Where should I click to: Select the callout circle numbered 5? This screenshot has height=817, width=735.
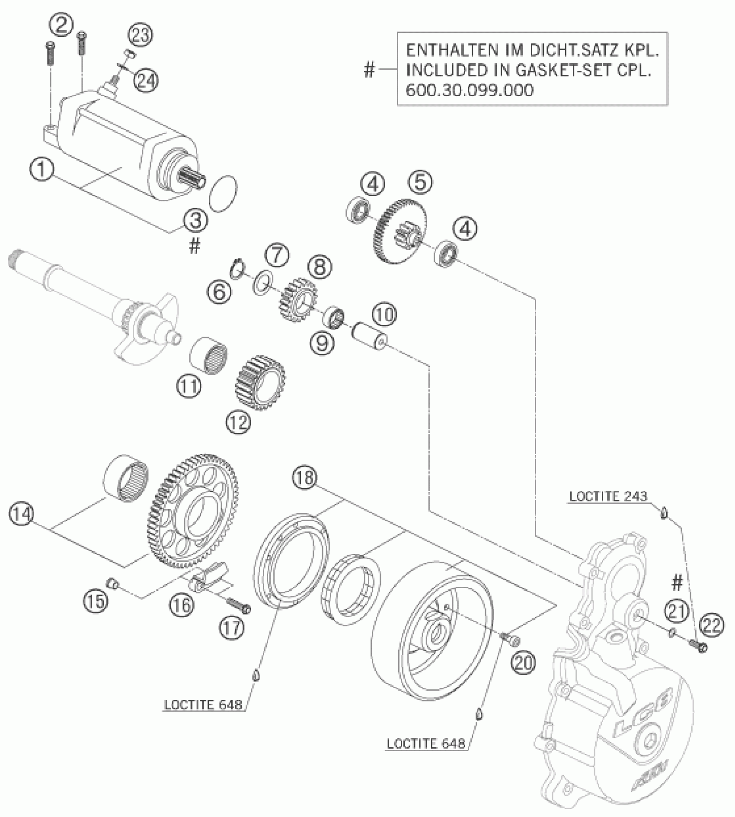pos(420,182)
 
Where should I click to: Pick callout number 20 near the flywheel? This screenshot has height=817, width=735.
pos(523,663)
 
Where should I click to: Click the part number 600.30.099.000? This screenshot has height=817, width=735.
pos(470,90)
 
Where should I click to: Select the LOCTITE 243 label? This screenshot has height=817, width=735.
pos(608,496)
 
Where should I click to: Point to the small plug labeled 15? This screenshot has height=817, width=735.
pos(113,584)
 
